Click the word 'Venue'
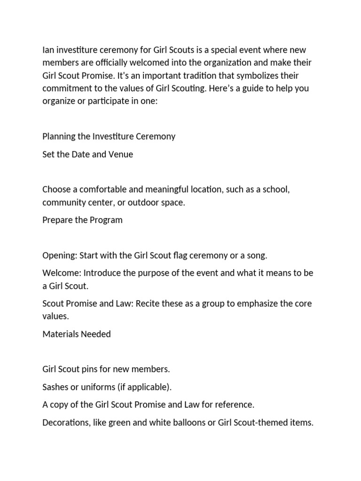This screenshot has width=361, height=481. pos(121,154)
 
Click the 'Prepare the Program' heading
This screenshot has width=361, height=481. pos(82,220)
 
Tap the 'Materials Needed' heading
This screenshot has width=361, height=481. pos(77,334)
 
